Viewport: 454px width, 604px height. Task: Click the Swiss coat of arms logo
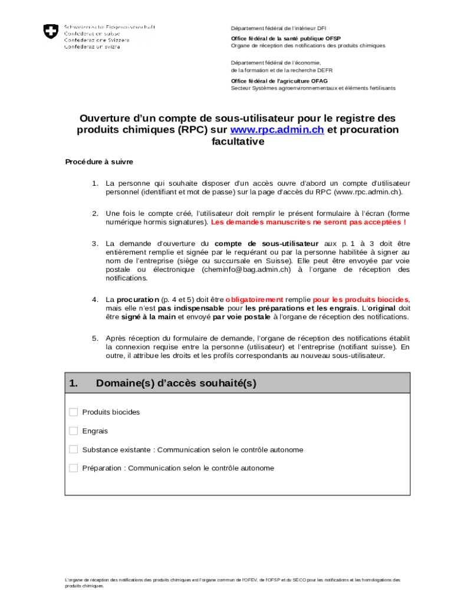[x=51, y=31]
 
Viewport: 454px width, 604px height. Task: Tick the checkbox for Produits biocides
[x=74, y=412]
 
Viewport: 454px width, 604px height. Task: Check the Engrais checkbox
[x=74, y=431]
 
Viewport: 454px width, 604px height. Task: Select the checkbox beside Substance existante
[x=74, y=449]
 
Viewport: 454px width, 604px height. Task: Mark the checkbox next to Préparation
[x=74, y=468]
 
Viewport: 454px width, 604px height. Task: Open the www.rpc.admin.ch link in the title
[x=277, y=130]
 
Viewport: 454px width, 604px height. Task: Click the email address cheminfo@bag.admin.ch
[x=246, y=270]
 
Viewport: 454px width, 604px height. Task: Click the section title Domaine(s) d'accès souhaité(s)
[x=176, y=383]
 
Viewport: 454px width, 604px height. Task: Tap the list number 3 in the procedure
[x=94, y=244]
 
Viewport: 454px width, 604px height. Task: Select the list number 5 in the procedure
[x=94, y=339]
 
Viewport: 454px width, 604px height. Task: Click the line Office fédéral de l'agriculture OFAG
[x=279, y=81]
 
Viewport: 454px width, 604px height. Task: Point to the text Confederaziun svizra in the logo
[x=92, y=47]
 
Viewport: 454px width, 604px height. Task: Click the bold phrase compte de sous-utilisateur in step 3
[x=267, y=244]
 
